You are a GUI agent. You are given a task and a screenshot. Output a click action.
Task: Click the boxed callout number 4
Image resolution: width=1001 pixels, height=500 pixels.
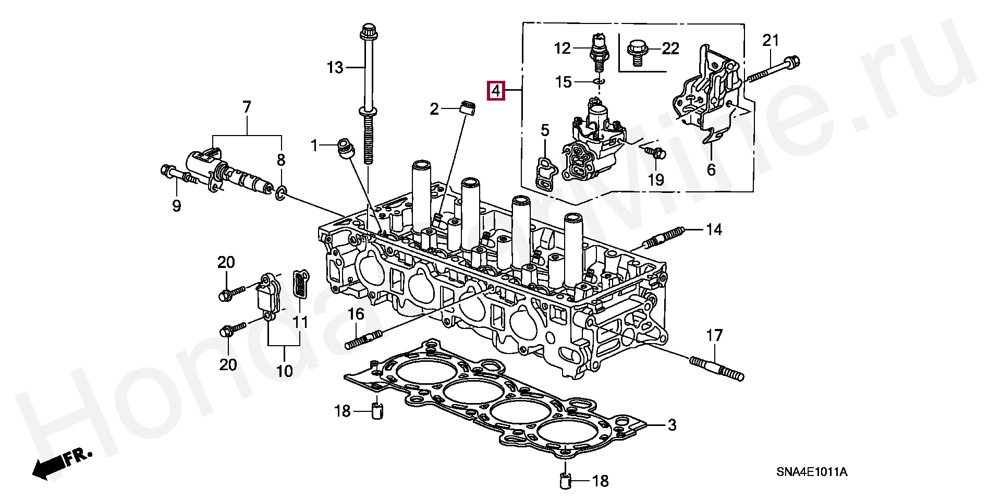click(x=495, y=91)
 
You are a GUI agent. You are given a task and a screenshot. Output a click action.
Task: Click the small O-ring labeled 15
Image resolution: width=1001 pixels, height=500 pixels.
click(x=599, y=81)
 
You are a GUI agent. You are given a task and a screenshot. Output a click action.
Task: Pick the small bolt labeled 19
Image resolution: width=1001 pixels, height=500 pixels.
click(x=655, y=152)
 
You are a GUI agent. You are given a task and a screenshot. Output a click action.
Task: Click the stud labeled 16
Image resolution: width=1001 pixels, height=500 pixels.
click(x=363, y=339)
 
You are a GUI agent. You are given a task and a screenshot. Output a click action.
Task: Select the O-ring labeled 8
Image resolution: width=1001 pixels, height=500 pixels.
click(x=280, y=193)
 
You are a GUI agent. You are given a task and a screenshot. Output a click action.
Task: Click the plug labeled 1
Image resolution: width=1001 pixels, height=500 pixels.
click(x=345, y=147)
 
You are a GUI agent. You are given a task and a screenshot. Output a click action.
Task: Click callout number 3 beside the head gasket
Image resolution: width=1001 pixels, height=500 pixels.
click(x=672, y=425)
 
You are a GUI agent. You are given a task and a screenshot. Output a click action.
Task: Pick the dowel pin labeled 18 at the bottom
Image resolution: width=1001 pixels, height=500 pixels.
click(x=565, y=480)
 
